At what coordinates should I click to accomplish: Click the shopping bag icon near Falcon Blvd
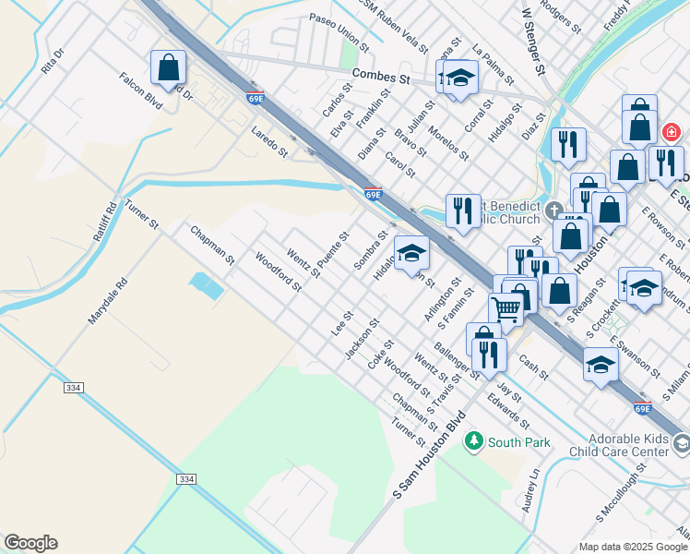pos(168,67)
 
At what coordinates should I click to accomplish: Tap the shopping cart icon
pos(506,308)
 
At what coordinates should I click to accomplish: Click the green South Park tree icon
pos(474,441)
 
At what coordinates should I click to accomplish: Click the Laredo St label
pos(269,142)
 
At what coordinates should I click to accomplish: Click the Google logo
pos(30,543)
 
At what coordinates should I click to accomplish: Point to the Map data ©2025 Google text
pos(633,547)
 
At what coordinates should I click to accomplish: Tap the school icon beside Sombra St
pos(411,252)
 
